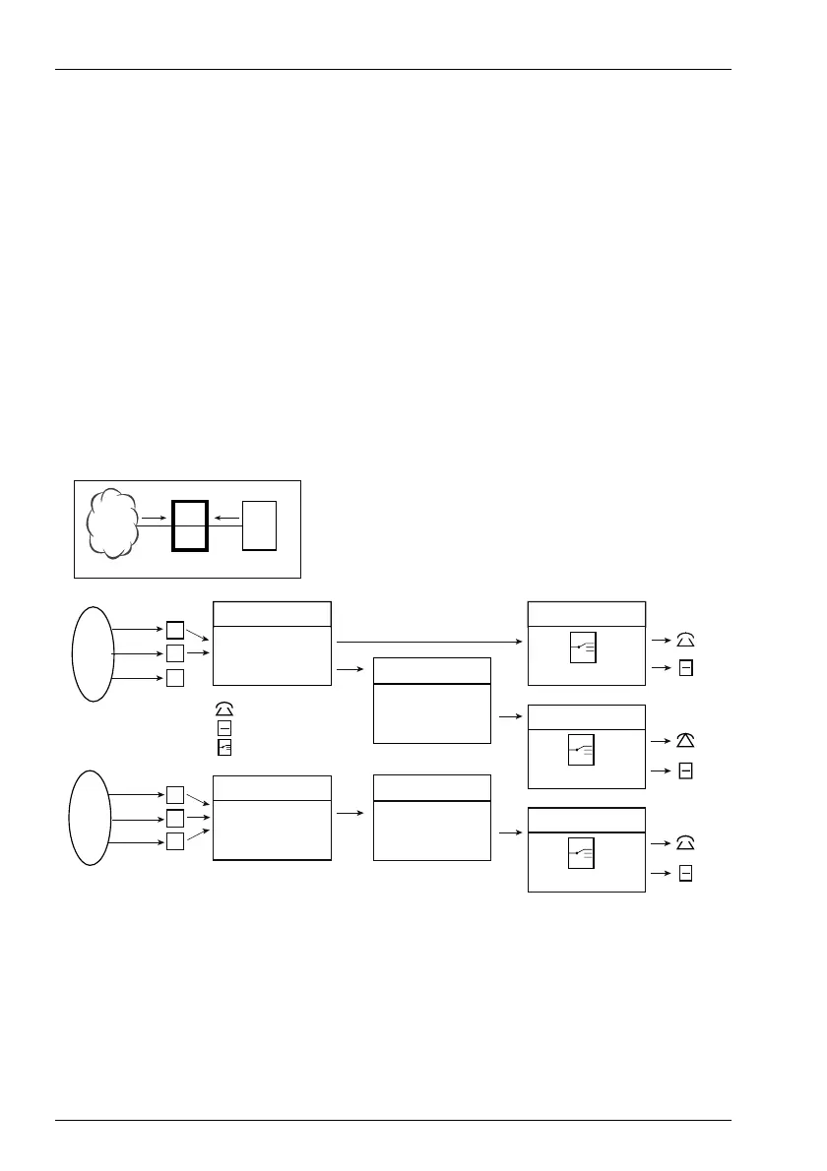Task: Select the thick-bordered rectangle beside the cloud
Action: click(189, 525)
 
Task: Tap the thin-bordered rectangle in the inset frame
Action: click(260, 525)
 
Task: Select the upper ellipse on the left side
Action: click(92, 653)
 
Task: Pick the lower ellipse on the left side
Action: click(91, 818)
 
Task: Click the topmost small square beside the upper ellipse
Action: click(174, 630)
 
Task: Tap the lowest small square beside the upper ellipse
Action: click(174, 677)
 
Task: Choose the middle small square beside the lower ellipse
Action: click(174, 818)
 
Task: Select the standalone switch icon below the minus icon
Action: click(224, 746)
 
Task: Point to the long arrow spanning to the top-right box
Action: click(429, 642)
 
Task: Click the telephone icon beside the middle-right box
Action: click(685, 740)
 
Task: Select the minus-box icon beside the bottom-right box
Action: click(685, 875)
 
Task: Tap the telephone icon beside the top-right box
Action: click(685, 641)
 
